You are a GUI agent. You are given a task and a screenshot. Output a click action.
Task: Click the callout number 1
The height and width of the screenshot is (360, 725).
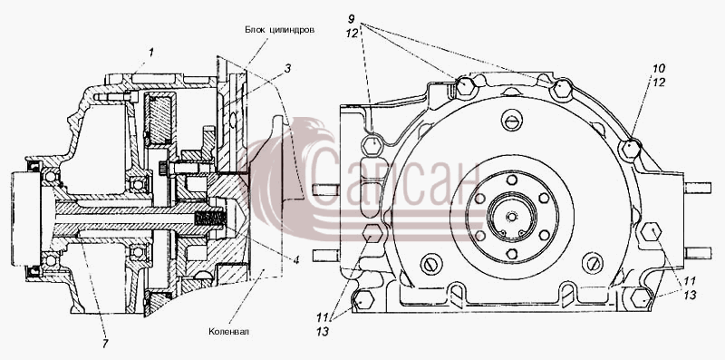coord(150,53)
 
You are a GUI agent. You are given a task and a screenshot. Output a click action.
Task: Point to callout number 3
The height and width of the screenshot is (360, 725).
coord(287,70)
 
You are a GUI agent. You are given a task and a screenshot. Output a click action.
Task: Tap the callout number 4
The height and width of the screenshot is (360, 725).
coord(296,260)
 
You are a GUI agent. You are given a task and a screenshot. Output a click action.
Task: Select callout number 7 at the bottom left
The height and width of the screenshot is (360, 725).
coord(105,344)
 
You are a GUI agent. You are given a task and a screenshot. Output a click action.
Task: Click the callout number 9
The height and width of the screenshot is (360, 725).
coord(352,20)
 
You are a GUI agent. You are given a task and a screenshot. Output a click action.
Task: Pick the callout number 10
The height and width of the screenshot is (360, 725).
coord(659,69)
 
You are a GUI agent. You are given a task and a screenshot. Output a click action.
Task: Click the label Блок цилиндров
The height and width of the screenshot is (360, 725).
coord(280,30)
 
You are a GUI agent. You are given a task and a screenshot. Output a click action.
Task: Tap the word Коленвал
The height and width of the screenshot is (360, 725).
coord(228,331)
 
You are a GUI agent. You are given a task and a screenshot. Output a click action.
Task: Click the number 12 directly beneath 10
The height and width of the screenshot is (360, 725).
coord(659,83)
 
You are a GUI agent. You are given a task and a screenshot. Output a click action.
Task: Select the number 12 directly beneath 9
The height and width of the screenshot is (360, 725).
coord(352,34)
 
